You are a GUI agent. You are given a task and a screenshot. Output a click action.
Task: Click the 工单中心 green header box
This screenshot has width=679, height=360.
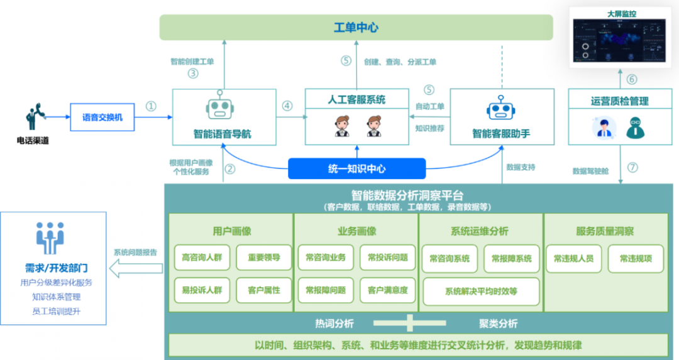click(356, 28)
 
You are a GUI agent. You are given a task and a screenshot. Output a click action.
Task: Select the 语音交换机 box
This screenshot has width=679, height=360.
click(102, 117)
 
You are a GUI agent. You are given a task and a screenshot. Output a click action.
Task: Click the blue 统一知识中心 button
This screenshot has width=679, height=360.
click(357, 168)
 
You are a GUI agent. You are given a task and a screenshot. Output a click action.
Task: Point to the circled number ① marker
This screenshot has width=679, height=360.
click(151, 106)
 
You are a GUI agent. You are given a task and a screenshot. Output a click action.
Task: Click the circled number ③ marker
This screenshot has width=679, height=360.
click(193, 73)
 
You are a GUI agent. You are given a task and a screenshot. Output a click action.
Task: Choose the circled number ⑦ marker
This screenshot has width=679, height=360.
click(632, 168)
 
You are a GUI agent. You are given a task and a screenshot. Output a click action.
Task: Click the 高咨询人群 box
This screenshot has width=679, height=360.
click(202, 258)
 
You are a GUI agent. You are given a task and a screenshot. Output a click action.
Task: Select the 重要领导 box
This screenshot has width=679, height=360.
click(264, 258)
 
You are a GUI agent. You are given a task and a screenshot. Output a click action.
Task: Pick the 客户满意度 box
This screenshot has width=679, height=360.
click(388, 290)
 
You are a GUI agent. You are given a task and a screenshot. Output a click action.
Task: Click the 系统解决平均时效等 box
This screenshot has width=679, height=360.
click(481, 291)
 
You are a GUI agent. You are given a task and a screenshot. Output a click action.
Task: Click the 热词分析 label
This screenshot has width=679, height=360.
click(334, 324)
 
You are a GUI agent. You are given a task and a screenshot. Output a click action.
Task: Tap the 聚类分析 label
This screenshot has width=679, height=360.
click(498, 324)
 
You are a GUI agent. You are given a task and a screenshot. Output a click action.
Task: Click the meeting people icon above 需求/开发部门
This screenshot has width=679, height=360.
click(51, 239)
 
